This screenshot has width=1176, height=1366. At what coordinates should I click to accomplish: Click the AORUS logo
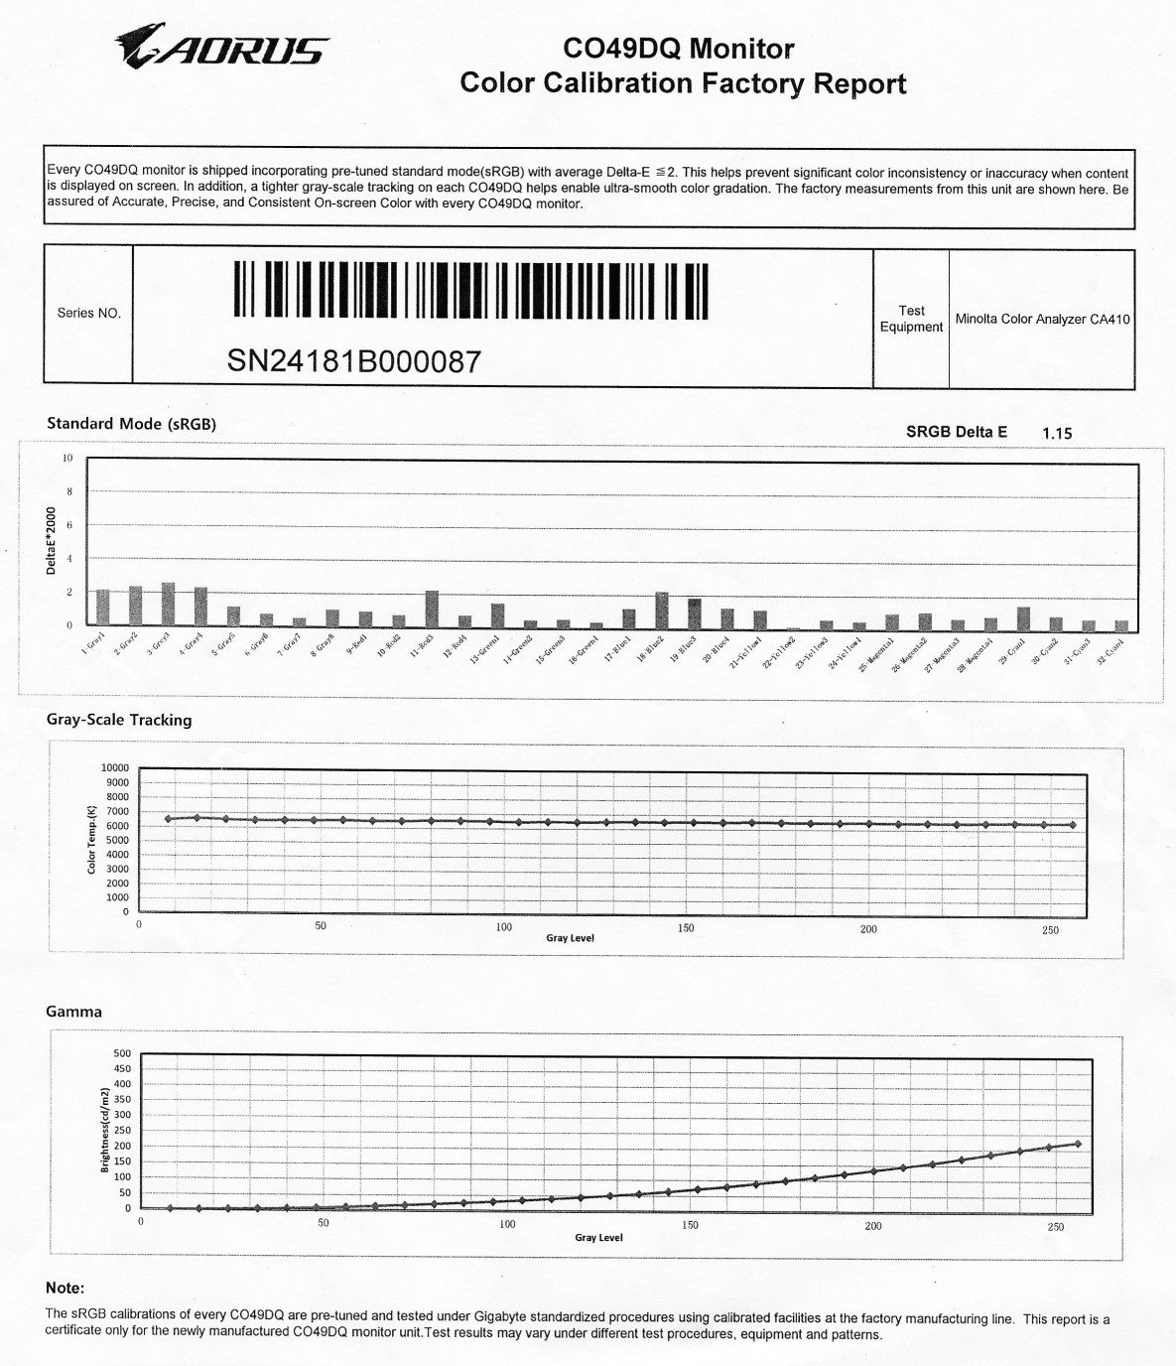(221, 47)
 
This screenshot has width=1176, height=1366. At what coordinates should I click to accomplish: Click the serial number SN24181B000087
(354, 361)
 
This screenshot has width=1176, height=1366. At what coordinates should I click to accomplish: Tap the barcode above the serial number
(470, 290)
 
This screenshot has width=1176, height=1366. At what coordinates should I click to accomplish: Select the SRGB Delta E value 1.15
(1057, 433)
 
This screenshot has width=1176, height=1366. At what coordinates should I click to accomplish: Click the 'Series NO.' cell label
(88, 313)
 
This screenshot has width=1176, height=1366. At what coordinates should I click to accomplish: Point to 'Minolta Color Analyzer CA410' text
(1042, 319)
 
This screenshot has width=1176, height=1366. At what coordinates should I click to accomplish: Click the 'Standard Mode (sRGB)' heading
(131, 424)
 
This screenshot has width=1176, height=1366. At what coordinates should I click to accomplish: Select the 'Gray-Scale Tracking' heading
(119, 720)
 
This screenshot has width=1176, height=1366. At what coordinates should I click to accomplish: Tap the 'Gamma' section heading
(73, 1012)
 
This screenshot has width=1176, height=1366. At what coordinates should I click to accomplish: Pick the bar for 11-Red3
(432, 610)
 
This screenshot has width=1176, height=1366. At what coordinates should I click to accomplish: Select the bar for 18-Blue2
(662, 611)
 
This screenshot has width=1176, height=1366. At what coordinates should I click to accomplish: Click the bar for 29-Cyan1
(1023, 619)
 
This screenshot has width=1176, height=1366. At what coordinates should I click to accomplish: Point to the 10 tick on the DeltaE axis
(67, 458)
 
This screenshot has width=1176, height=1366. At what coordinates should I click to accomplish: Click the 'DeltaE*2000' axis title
(51, 540)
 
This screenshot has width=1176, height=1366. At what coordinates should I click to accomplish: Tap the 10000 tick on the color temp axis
(115, 767)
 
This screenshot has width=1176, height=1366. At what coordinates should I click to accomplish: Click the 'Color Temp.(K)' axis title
(92, 839)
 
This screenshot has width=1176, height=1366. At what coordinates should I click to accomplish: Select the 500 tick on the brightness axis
(122, 1053)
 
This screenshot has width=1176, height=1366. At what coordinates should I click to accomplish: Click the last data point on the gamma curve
(1078, 1145)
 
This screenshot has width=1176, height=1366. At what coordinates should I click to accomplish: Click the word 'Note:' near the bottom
(65, 1288)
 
